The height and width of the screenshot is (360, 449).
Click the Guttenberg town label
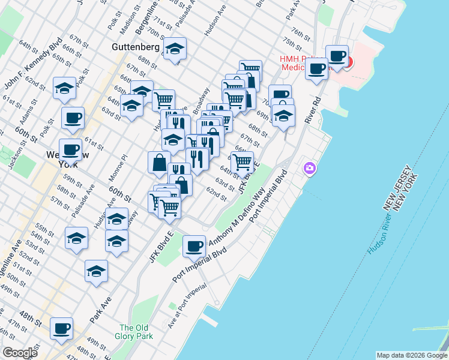pyautogui.click(x=136, y=46)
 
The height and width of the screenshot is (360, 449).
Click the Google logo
pyautogui.click(x=19, y=352)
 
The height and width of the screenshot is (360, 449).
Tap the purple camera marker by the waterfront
pyautogui.click(x=310, y=167)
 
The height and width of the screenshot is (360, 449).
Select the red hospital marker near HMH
pyautogui.click(x=348, y=61)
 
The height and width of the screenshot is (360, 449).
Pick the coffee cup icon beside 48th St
pyautogui.click(x=61, y=329)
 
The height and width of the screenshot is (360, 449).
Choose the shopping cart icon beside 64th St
pyautogui.click(x=242, y=161)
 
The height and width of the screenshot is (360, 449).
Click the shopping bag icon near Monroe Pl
pyautogui.click(x=159, y=162)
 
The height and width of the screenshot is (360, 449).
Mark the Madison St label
pyautogui.click(x=131, y=23)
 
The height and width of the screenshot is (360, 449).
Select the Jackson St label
pyautogui.click(x=16, y=157)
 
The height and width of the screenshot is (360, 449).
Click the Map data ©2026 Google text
pyautogui.click(x=412, y=355)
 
